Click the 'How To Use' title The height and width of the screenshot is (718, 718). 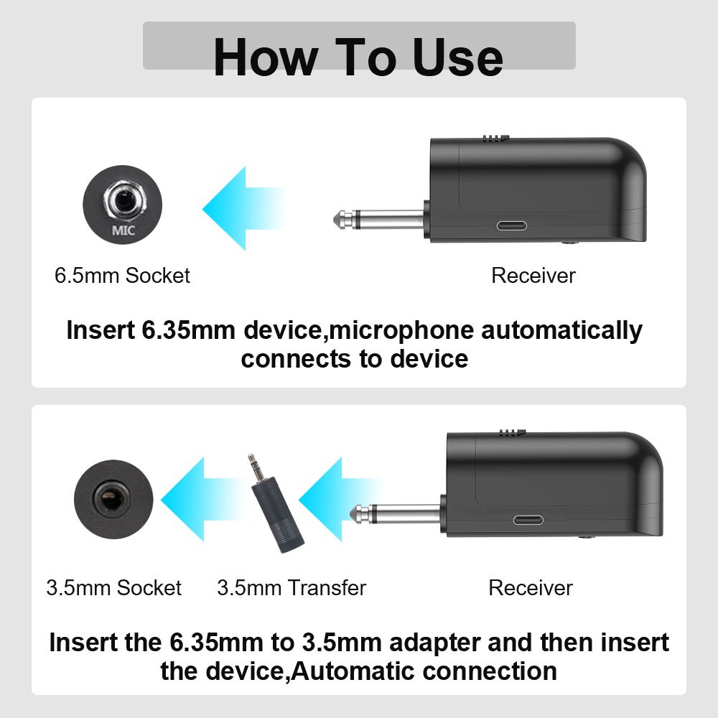358,57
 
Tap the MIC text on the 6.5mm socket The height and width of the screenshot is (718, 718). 123,230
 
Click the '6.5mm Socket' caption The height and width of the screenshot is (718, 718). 122,276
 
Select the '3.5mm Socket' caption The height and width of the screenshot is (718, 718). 113,588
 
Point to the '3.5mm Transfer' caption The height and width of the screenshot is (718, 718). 292,588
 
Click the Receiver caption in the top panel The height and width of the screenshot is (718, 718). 533,276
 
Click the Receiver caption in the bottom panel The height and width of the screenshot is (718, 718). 531,588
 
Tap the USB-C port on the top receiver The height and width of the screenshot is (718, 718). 512,225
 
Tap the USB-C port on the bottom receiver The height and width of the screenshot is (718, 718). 528,520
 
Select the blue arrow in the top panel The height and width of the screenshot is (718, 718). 243,208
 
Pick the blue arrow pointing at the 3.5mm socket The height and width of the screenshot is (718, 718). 202,499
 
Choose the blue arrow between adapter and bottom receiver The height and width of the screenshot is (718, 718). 340,499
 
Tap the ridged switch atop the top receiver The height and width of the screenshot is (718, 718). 496,138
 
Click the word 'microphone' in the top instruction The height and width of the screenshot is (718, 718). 401,330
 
